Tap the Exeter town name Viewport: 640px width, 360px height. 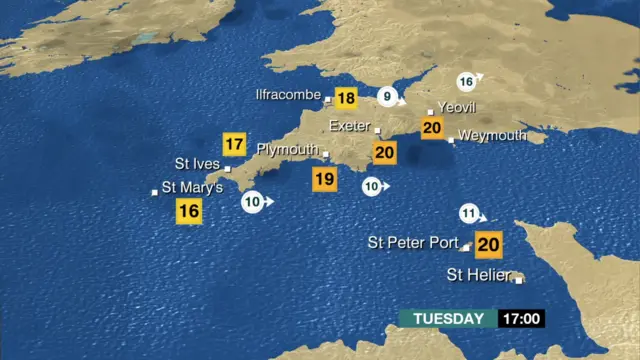[x=349, y=126]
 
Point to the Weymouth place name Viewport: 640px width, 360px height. [x=493, y=135]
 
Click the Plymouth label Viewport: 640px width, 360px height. [x=287, y=149]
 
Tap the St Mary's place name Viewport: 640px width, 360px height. [x=192, y=187]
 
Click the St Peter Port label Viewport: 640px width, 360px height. [x=413, y=242]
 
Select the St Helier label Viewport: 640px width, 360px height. [x=477, y=274]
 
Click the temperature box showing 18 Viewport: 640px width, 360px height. [x=346, y=98]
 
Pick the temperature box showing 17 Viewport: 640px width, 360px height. [x=234, y=144]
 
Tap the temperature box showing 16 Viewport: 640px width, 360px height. [x=188, y=211]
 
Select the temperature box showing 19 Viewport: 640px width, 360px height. [x=324, y=180]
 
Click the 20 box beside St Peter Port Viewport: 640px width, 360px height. [x=488, y=244]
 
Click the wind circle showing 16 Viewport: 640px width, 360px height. [x=466, y=81]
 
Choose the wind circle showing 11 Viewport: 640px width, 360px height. [x=470, y=213]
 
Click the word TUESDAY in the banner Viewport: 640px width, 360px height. [x=448, y=319]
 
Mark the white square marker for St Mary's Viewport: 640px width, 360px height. [x=153, y=192]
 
